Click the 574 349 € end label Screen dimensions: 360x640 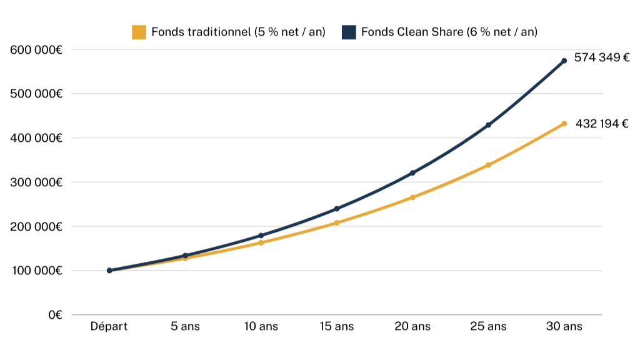pos(602,58)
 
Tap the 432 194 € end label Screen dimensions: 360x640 pos(601,124)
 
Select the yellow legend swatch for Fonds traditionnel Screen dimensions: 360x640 pos(139,32)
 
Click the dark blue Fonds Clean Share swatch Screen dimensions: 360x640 pos(349,32)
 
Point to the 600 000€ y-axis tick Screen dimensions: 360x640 pos(36,49)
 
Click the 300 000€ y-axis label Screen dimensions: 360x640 pos(36,182)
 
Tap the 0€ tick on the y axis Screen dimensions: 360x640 pos(55,315)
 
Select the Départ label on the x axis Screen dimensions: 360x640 pos(109,327)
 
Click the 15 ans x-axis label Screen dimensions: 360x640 pos(336,327)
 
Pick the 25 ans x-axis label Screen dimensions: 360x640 pos(488,327)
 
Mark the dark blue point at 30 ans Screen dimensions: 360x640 pos(564,61)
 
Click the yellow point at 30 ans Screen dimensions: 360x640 pos(564,124)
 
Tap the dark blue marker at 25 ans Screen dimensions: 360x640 pos(488,125)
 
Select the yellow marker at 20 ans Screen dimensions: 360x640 pos(412,197)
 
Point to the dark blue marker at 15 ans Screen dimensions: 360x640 pos(337,209)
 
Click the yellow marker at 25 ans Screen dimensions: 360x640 pos(488,165)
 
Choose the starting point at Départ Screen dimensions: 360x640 pos(109,271)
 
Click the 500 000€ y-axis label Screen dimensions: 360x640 pos(36,94)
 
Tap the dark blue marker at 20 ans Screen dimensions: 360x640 pos(412,172)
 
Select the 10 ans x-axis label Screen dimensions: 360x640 pos(261,327)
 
